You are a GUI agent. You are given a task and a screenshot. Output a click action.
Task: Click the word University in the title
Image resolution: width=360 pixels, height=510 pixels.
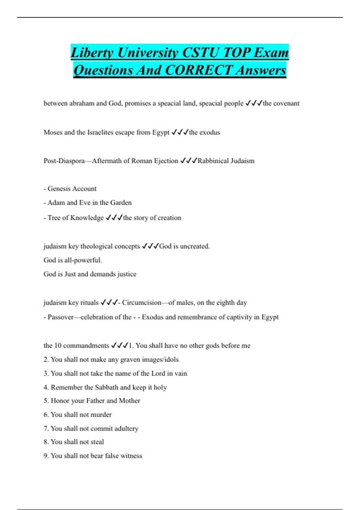tap(148, 53)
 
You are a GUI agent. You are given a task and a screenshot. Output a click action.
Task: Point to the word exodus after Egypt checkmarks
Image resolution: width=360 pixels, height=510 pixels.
tap(209, 132)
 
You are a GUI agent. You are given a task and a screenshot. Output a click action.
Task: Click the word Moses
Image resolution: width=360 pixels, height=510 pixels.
tap(53, 132)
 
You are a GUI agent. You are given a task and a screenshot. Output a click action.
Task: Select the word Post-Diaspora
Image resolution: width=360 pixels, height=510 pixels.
tap(64, 161)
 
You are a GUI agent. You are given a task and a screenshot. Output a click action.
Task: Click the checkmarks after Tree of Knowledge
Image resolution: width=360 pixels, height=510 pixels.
tap(114, 218)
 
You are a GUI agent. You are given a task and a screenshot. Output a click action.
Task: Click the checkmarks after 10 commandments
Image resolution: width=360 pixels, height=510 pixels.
tap(119, 346)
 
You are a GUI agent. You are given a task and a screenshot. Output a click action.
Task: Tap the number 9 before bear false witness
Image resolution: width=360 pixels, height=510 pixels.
tap(46, 456)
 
